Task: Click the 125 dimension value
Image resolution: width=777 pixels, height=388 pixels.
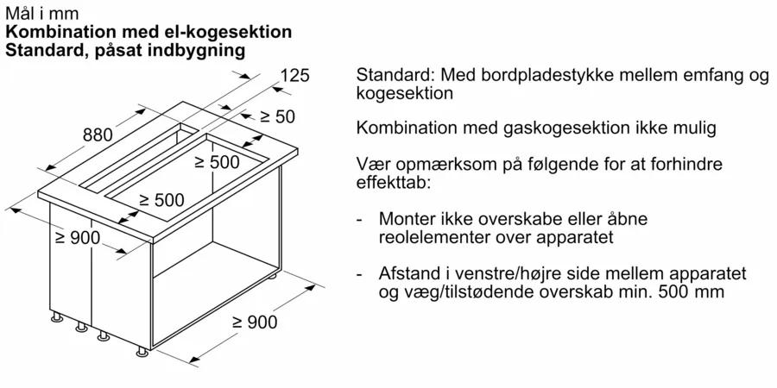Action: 295,76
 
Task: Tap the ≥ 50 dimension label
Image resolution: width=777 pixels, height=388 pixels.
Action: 277,116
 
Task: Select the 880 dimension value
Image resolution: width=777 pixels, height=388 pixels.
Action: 98,135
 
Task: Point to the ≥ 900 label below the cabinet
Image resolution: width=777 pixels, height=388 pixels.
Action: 255,322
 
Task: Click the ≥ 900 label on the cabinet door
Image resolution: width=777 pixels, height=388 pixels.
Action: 78,238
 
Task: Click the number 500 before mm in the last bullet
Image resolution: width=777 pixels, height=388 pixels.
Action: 674,291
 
